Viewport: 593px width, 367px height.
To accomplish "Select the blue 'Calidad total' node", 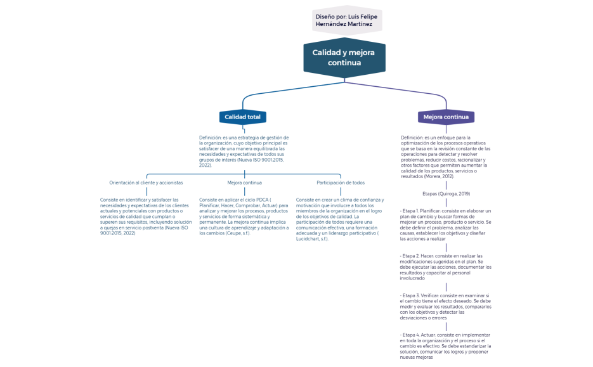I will tap(242, 117).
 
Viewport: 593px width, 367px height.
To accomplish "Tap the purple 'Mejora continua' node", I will tap(446, 117).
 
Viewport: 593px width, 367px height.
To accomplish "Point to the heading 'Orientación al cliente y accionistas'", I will tap(146, 183).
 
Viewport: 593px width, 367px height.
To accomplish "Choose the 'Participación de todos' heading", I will tap(341, 183).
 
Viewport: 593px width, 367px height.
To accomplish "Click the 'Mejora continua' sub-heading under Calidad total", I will tap(244, 183).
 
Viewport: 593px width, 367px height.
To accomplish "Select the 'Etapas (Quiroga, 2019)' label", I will tap(446, 193).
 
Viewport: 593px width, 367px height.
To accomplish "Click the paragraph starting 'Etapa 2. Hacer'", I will tap(446, 266).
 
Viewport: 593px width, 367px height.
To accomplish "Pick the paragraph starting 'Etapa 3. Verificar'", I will tap(446, 307).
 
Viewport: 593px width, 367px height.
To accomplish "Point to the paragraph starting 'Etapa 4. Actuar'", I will tap(446, 346).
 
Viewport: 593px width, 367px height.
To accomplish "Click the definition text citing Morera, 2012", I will tap(446, 156).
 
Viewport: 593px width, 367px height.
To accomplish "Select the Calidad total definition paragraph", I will tap(244, 151).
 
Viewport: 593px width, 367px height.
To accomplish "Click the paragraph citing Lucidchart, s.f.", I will tap(341, 219).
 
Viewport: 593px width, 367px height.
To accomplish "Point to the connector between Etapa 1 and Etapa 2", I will tap(446, 247).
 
